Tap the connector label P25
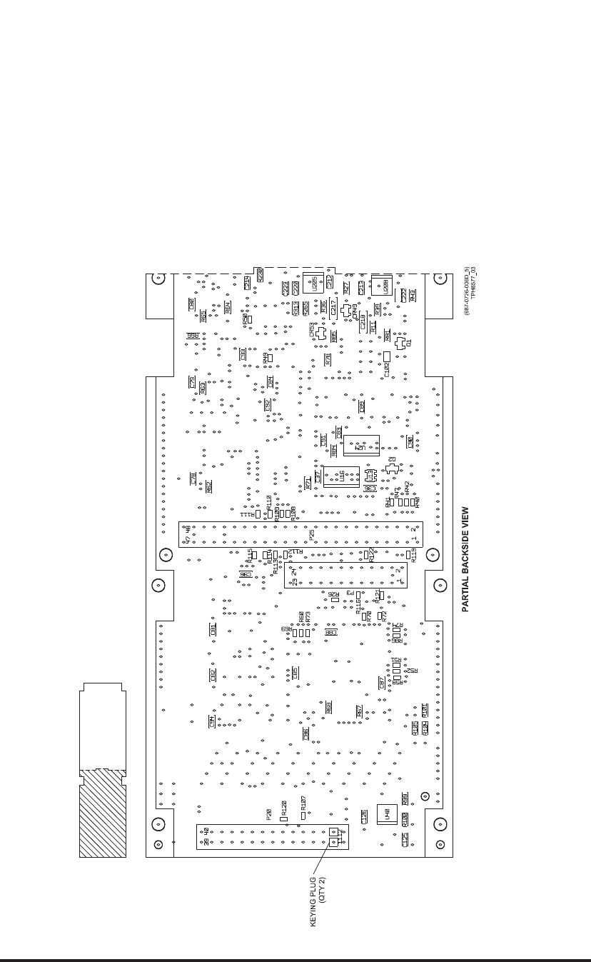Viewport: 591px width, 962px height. [x=312, y=534]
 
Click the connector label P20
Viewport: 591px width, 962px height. [x=268, y=814]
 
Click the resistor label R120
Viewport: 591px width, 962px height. [x=283, y=808]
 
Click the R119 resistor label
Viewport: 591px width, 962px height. [x=413, y=561]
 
